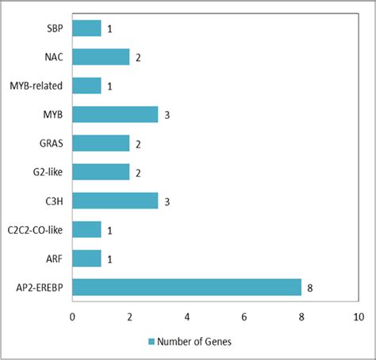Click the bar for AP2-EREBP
186,286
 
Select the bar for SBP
86,29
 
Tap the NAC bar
101,57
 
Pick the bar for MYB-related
86,86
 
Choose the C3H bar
115,200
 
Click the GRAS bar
101,143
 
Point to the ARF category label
54,258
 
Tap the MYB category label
53,115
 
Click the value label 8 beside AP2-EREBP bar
309,287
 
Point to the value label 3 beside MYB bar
167,115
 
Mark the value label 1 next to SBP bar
109,29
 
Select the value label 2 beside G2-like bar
138,172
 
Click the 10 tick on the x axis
358,316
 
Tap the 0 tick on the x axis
72,316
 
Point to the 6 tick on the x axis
244,316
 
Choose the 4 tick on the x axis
186,316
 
